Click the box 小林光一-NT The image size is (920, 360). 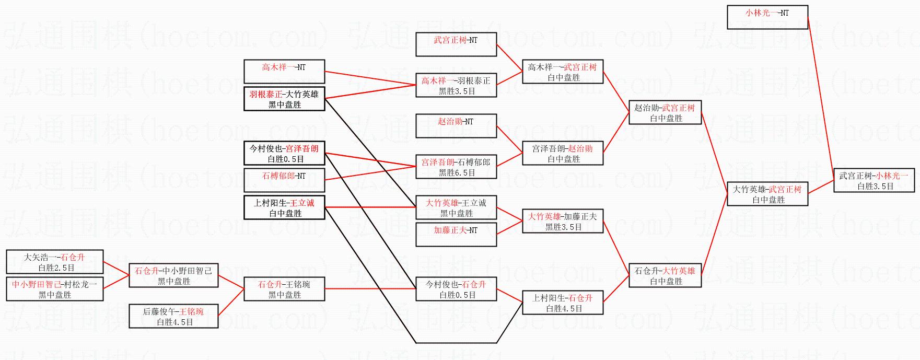[767, 17]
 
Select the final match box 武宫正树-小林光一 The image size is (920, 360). [874, 180]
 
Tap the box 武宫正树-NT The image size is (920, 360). [456, 44]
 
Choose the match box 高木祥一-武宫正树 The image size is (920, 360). [562, 72]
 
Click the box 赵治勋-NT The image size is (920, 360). [456, 125]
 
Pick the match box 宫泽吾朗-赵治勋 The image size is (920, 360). [562, 153]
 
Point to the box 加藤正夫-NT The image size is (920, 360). [456, 234]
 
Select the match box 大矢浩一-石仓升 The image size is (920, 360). [54, 262]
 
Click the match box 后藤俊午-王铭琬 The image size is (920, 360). [173, 316]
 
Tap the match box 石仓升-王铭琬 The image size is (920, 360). [284, 289]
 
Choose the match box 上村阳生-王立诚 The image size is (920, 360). [284, 207]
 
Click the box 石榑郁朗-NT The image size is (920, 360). [284, 180]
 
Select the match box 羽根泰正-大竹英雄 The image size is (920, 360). [284, 99]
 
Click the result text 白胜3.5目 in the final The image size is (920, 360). [875, 186]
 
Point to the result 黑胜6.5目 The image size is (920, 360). [457, 172]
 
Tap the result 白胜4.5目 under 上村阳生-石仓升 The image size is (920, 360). [564, 308]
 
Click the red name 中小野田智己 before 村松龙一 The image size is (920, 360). [36, 284]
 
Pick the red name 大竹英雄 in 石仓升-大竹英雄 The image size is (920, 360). [679, 271]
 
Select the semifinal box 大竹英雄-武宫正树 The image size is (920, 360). [767, 194]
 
